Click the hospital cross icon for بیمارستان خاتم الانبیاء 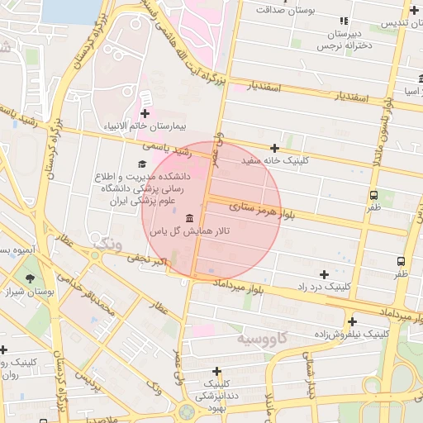pos(145,113)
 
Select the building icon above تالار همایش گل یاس pos(191,218)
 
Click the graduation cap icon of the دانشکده pos(131,164)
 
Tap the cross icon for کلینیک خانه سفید pos(274,148)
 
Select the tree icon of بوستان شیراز pos(31,278)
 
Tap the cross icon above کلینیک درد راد pos(324,273)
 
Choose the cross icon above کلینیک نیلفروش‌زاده pos(353,321)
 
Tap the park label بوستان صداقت pos(284,10)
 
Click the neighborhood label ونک pos(108,245)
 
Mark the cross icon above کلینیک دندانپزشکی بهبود pos(216,371)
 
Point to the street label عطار pos(157,308)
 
